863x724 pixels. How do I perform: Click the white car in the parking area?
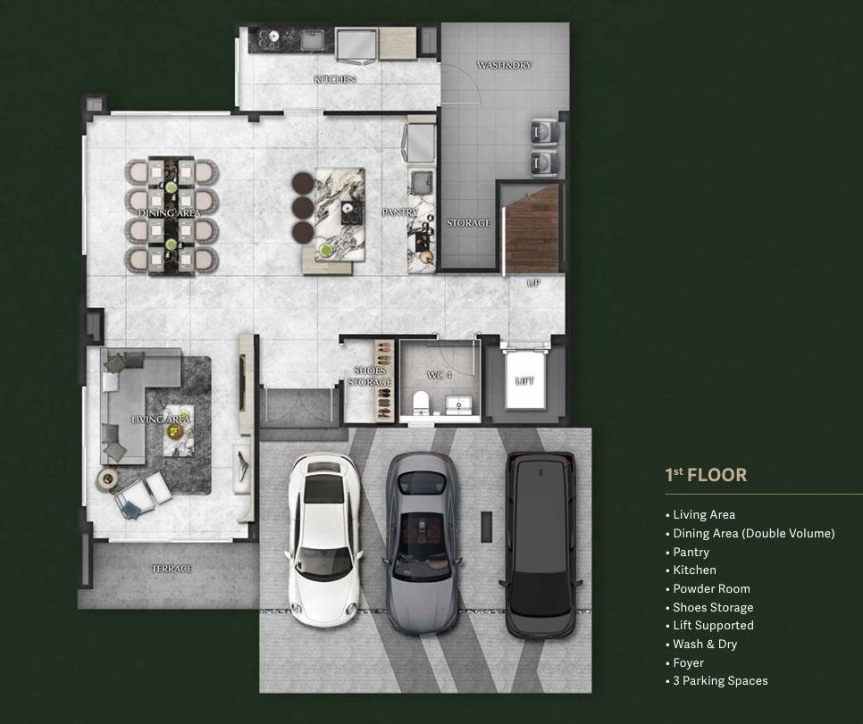coord(323,540)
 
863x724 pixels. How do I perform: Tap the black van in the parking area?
coord(540,545)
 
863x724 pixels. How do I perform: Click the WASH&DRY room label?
coord(504,65)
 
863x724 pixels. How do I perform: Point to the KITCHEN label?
coord(335,79)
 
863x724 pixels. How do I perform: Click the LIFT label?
coord(524,380)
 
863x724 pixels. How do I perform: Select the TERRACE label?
coord(172,569)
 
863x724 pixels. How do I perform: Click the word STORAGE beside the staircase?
coord(468,223)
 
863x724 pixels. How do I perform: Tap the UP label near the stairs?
coord(534,283)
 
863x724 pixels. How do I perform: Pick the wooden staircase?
coord(532,230)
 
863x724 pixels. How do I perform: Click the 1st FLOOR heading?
coord(706,475)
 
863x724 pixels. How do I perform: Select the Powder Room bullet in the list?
coord(708,588)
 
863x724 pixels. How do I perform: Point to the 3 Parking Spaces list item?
coord(716,680)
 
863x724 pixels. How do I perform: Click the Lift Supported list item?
coord(709,626)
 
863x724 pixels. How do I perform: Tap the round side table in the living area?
coord(107,479)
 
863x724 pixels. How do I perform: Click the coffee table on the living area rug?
coord(179,430)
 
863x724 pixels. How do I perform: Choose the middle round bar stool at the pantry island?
coord(303,208)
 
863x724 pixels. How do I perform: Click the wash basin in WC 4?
coord(458,404)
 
